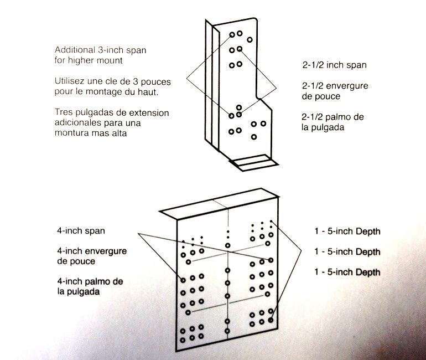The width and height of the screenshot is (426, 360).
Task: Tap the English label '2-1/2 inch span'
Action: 334,65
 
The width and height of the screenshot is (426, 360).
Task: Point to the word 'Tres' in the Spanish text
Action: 64,112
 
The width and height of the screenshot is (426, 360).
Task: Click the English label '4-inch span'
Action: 81,230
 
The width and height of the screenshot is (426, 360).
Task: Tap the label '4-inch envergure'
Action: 91,251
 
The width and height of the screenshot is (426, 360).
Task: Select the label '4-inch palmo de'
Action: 90,281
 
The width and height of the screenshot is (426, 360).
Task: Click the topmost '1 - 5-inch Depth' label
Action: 347,232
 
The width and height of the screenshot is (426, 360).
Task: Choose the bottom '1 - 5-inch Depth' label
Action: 347,272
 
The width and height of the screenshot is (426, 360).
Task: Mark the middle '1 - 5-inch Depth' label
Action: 347,252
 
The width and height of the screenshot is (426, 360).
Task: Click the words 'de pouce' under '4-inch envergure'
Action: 76,261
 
